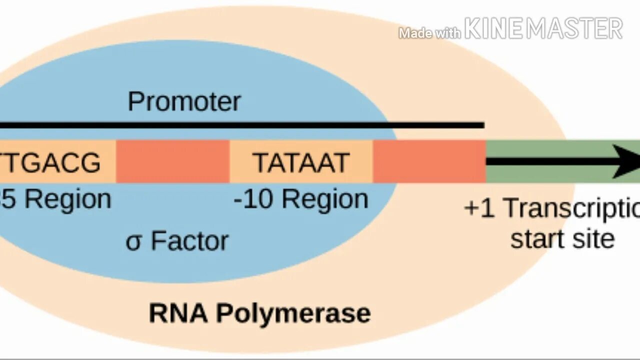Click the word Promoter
coord(184,101)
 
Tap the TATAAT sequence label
coord(300,162)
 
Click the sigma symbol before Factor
coord(134,242)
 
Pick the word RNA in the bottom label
coord(178,313)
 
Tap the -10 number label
coord(253,199)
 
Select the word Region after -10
coord(325,199)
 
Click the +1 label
coord(479,208)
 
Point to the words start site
coord(562,238)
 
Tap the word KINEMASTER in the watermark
coord(543,28)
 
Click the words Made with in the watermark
coord(429,33)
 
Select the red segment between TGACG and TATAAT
coord(172,161)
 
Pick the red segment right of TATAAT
coord(429,161)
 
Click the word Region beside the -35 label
coord(68,199)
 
